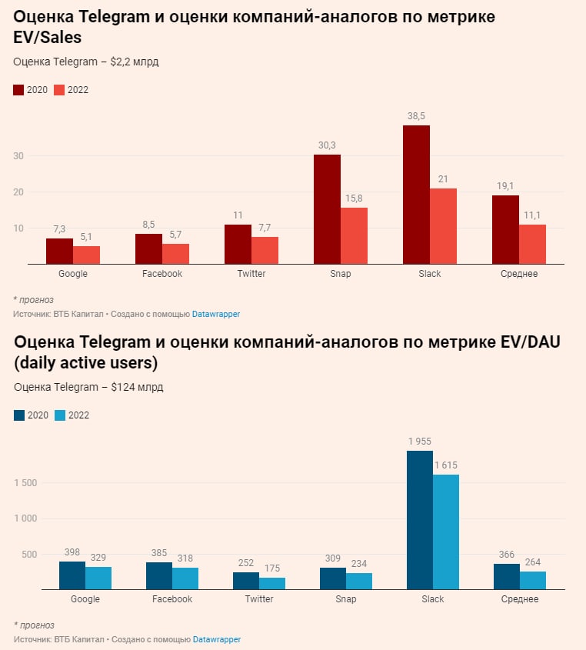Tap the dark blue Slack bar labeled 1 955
420,520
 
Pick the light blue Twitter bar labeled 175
272,584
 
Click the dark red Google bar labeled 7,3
59,252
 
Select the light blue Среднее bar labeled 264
533,581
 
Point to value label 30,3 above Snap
327,145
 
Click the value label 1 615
446,465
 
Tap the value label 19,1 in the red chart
505,185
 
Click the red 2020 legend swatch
18,90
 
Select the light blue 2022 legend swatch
60,415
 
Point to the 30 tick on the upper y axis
18,156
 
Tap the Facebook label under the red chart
162,274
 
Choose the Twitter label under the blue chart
259,599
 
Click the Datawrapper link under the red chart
216,314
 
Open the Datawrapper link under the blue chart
216,639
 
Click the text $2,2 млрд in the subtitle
134,62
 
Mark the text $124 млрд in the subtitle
137,387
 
